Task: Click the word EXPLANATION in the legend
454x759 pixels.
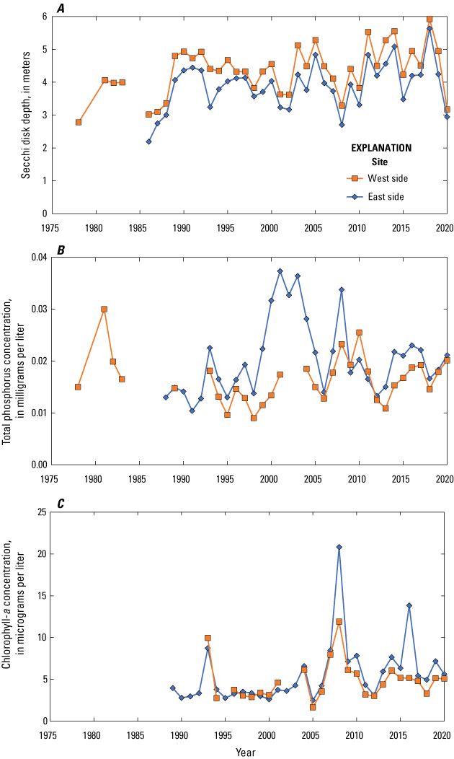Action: pos(381,147)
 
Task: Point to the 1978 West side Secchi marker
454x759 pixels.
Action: pos(78,123)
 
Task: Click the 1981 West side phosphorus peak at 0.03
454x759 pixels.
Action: pos(104,309)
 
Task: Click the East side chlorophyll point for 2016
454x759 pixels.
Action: pos(409,605)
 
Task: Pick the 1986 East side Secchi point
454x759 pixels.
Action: pos(148,141)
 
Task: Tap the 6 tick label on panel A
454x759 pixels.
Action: pos(45,17)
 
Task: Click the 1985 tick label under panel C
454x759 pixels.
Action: pos(136,734)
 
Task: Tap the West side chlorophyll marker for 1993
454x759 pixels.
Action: pos(208,638)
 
